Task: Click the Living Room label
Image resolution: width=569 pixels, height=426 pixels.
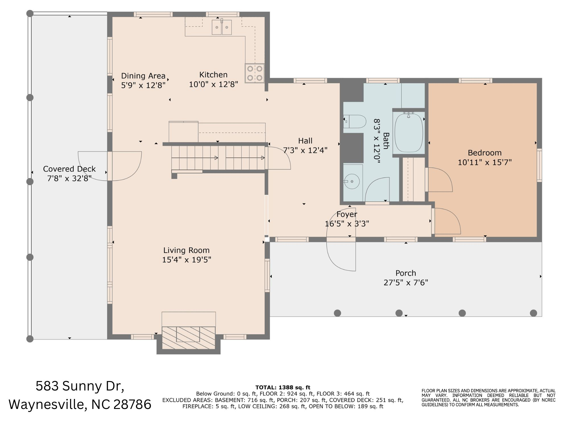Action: coord(186,250)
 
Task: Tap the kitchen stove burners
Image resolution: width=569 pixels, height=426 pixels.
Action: coord(255,73)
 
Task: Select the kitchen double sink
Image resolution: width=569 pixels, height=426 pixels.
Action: coord(222,27)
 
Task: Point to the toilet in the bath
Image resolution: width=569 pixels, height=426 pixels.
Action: coord(355,122)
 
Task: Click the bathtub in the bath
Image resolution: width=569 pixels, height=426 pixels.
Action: coord(409,132)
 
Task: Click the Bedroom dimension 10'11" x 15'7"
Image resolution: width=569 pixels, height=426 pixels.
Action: coord(485,162)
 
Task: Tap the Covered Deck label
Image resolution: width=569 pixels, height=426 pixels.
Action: coord(69,169)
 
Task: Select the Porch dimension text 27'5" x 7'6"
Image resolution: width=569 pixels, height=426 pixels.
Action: coord(406,282)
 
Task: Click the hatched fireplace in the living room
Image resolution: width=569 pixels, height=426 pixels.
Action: coord(188,338)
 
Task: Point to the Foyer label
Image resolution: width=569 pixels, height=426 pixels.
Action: coord(347,214)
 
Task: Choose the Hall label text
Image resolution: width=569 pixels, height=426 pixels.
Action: coord(305,141)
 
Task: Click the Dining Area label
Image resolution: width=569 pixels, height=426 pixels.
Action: coord(143,76)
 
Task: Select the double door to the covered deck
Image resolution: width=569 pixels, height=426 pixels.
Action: coord(110,166)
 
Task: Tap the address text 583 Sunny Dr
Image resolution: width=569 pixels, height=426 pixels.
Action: coord(80,386)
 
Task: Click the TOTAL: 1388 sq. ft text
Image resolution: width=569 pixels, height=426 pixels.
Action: coord(283,387)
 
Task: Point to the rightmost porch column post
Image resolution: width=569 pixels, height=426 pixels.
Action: coord(533,313)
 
